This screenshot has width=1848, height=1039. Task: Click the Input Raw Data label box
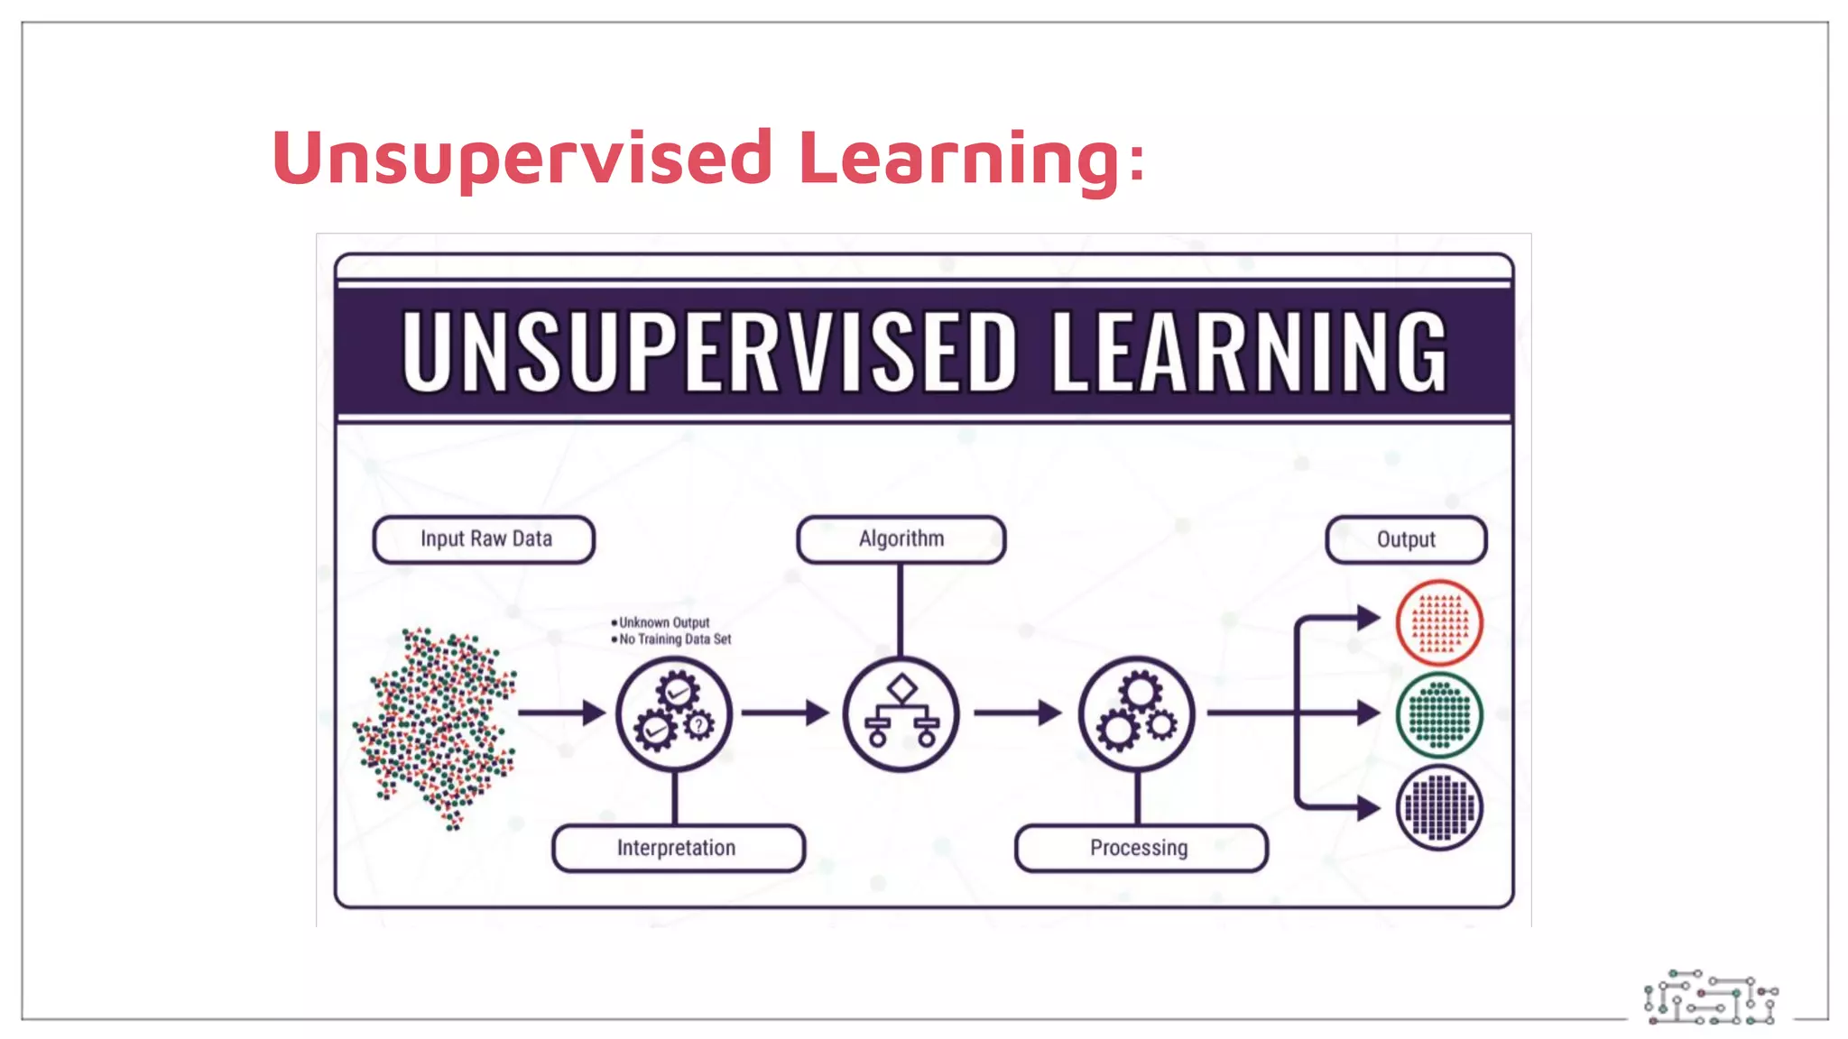pyautogui.click(x=485, y=539)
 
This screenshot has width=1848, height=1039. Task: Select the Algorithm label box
pyautogui.click(x=901, y=539)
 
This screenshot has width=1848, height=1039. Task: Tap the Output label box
pyautogui.click(x=1406, y=539)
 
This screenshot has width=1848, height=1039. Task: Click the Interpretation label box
pyautogui.click(x=678, y=848)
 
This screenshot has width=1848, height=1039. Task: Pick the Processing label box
pyautogui.click(x=1141, y=848)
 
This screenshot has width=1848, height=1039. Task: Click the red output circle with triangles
pyautogui.click(x=1439, y=622)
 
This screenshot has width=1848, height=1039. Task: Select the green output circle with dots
pyautogui.click(x=1439, y=715)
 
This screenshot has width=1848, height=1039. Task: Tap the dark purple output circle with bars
pyautogui.click(x=1439, y=807)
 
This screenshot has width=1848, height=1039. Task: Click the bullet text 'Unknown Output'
pyautogui.click(x=663, y=622)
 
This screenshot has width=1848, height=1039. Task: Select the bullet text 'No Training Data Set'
pyautogui.click(x=674, y=639)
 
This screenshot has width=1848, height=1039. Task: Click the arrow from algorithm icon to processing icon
pyautogui.click(x=1018, y=713)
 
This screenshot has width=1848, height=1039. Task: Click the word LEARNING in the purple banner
pyautogui.click(x=1249, y=352)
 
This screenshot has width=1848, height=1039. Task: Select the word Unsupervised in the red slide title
pyautogui.click(x=522, y=158)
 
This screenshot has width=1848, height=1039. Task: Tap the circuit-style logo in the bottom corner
pyautogui.click(x=1711, y=998)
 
